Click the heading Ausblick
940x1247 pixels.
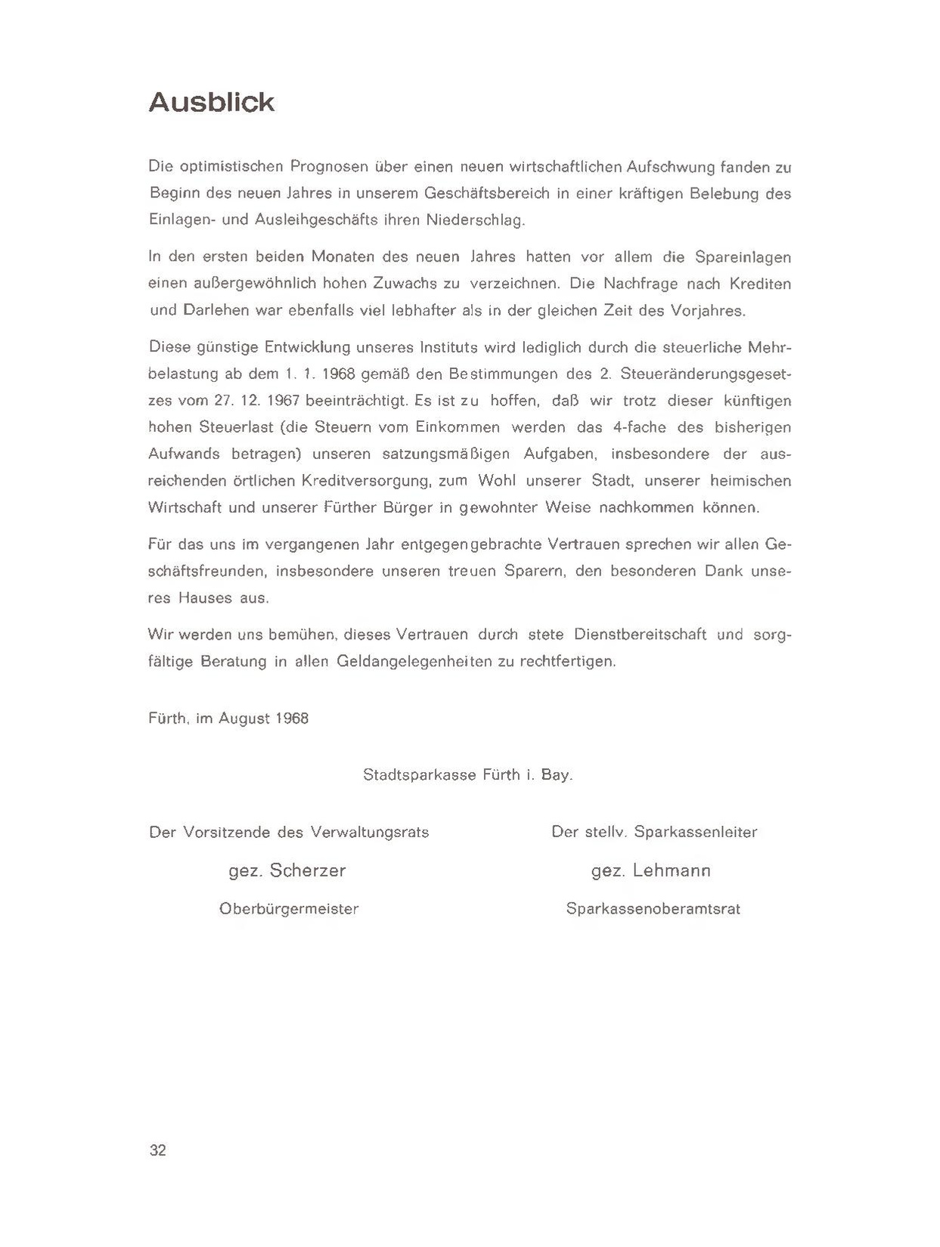click(x=211, y=102)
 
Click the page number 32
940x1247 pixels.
click(x=158, y=1150)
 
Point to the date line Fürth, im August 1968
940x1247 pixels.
click(x=228, y=718)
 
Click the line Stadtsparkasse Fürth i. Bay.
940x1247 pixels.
click(x=467, y=774)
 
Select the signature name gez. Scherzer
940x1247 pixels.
click(x=287, y=870)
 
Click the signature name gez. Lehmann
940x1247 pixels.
click(x=651, y=870)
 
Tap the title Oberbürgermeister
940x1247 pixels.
click(x=289, y=909)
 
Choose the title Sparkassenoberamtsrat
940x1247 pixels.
click(x=653, y=909)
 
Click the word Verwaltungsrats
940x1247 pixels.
click(x=370, y=832)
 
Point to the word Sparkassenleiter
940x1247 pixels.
click(x=696, y=832)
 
